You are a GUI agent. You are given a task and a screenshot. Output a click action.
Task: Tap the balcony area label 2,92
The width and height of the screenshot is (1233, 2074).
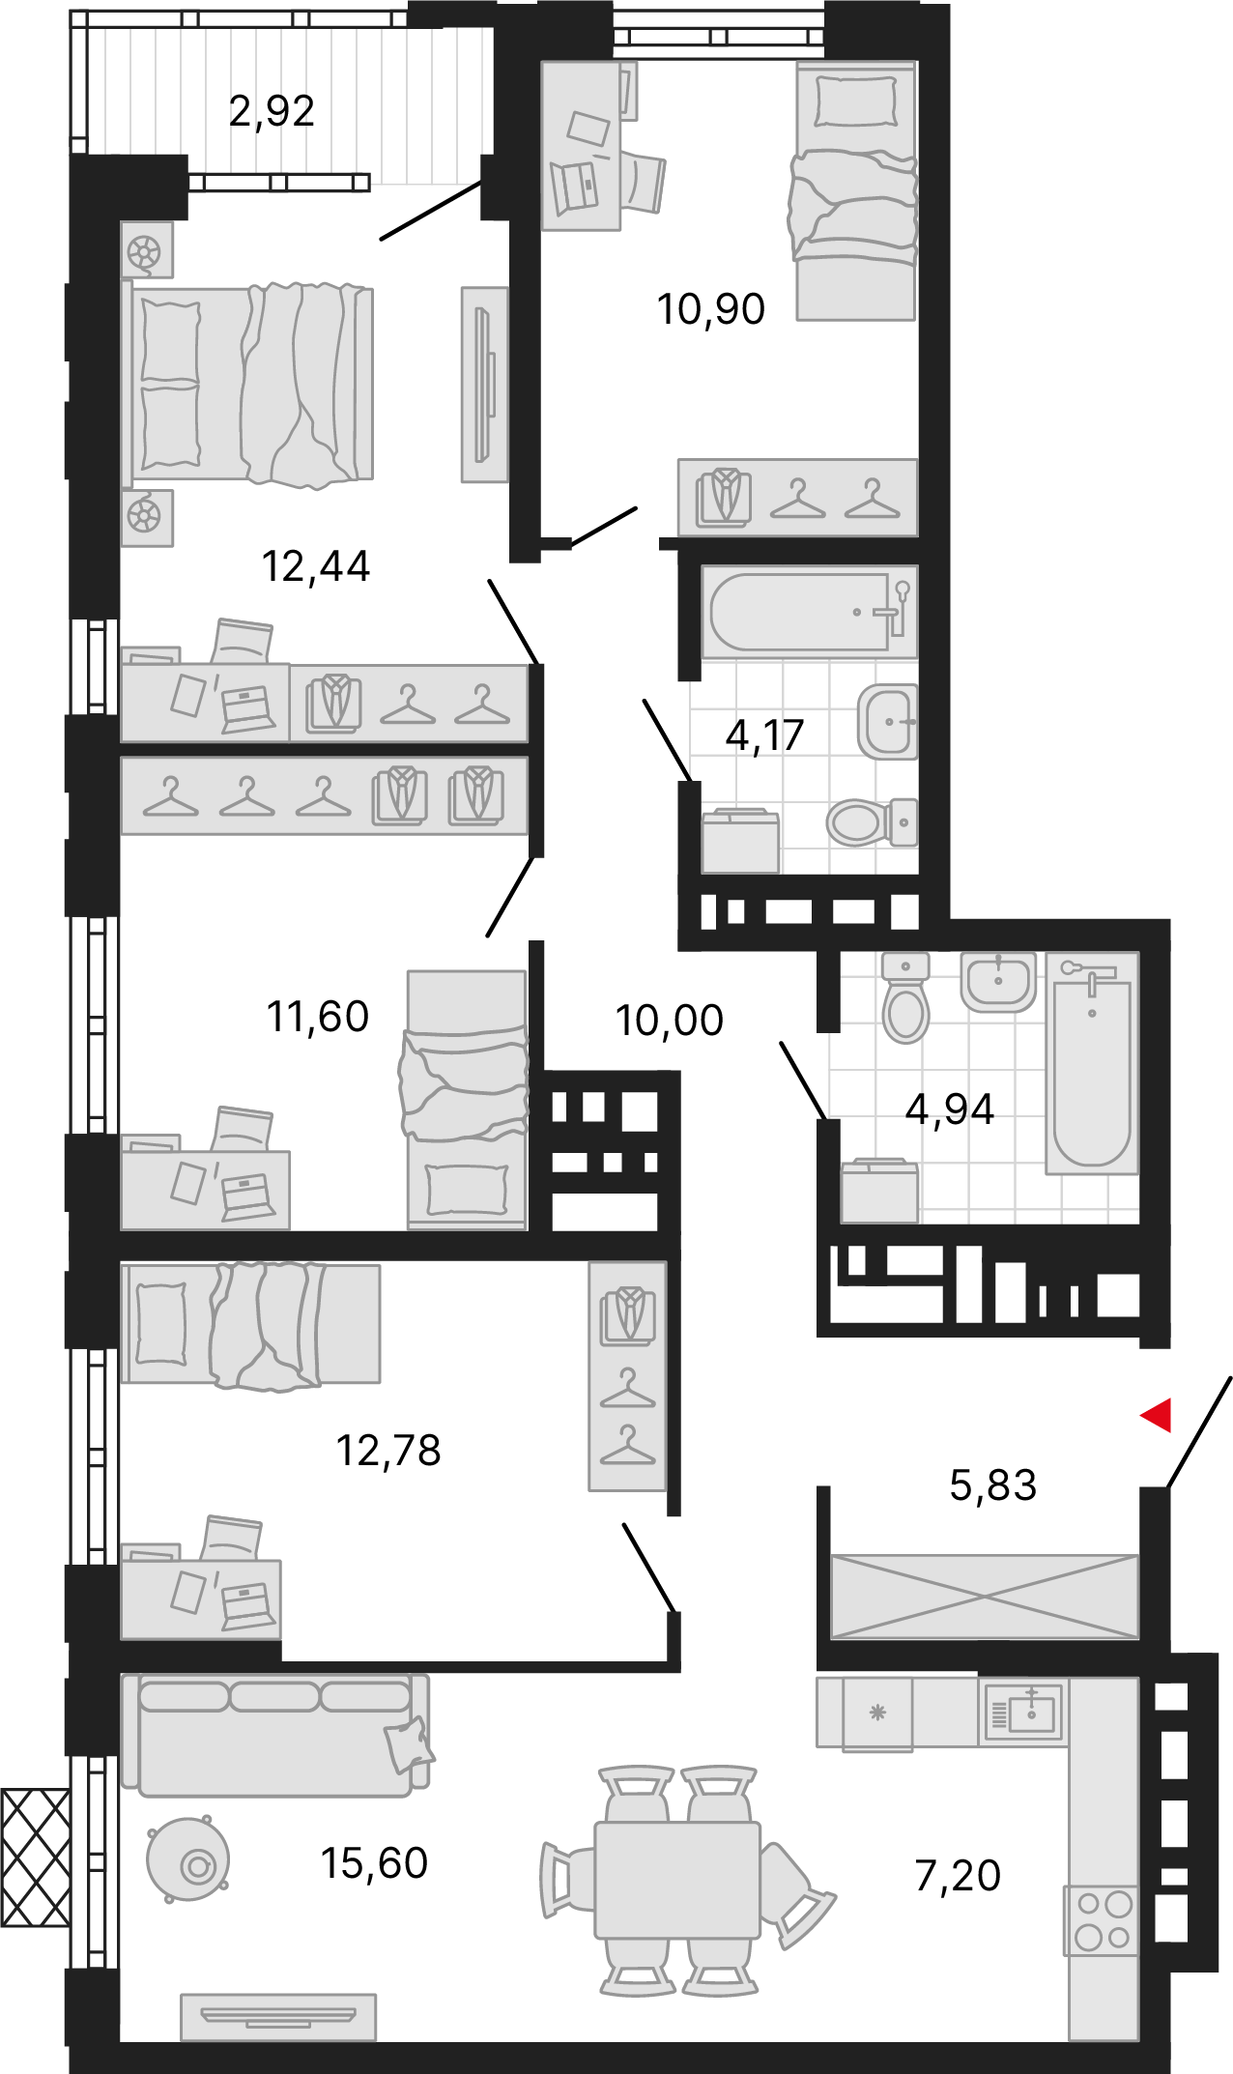tap(272, 111)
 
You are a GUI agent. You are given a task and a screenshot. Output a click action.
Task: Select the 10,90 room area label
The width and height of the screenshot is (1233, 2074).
tap(710, 309)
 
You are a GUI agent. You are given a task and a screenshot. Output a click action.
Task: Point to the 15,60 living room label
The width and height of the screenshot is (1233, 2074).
tap(374, 1862)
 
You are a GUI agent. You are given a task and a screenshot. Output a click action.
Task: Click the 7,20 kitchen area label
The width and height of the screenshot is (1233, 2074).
tap(958, 1875)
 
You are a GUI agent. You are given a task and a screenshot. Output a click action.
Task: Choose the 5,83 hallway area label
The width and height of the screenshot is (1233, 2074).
tap(992, 1485)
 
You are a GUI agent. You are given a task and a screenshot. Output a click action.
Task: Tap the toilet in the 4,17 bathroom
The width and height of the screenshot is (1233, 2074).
tap(873, 822)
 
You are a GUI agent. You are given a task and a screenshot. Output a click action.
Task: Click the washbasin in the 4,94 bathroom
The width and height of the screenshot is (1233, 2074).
tap(998, 982)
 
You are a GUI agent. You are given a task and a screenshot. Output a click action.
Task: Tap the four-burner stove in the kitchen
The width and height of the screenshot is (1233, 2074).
tap(1104, 1920)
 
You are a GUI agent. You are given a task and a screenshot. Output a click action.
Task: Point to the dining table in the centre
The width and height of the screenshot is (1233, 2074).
tap(676, 1880)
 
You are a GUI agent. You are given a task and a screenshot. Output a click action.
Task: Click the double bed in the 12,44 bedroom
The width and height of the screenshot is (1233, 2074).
tap(247, 385)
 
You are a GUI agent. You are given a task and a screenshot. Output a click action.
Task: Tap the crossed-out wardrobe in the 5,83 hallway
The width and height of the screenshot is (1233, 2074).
tap(985, 1597)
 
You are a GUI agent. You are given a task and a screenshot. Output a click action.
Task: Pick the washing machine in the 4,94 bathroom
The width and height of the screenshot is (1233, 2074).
tap(879, 1191)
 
